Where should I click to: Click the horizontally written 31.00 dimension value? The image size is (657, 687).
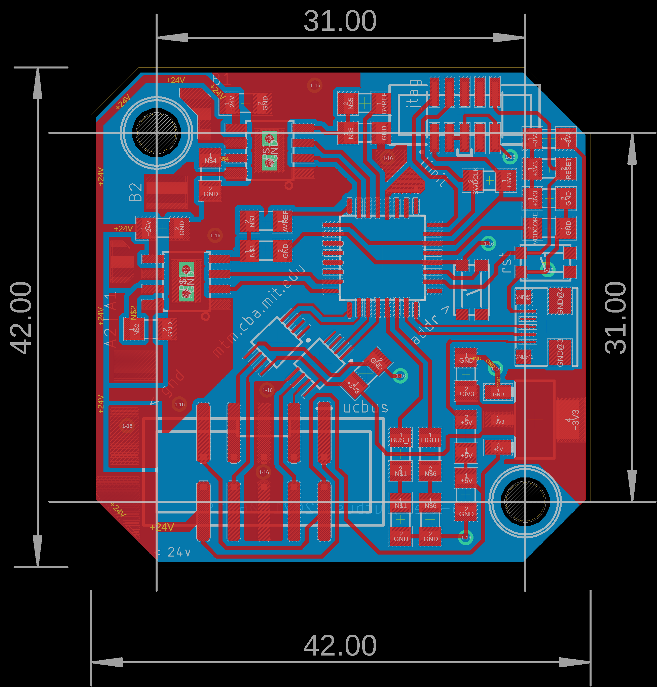[340, 21]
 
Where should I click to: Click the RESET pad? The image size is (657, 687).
[566, 168]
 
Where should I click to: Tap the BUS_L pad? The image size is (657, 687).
[400, 438]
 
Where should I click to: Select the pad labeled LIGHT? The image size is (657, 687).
[430, 438]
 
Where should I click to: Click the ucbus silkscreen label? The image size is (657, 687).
[365, 407]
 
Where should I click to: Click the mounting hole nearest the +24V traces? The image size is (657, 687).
[157, 133]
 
